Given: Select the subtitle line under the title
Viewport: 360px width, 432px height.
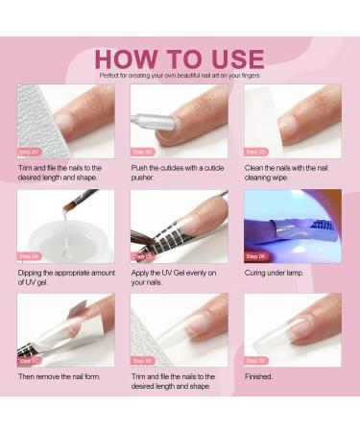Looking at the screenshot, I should point(180,75).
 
